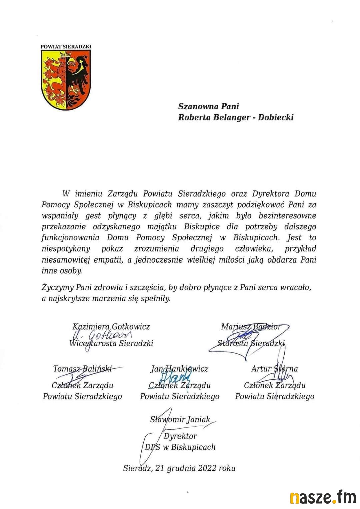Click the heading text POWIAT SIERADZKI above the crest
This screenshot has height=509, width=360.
tap(66, 47)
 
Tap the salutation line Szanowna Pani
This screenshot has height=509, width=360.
tap(209, 106)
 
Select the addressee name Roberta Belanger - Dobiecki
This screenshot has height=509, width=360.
tap(236, 117)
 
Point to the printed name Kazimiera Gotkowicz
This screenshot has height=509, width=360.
tap(111, 326)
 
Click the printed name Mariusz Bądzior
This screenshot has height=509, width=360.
tap(251, 326)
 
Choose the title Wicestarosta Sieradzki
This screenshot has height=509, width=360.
tap(111, 343)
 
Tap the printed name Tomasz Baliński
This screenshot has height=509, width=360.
tap(82, 369)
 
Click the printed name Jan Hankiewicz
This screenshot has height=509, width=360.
tap(179, 369)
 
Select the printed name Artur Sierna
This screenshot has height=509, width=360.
tap(274, 369)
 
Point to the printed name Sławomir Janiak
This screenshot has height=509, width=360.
tap(180, 419)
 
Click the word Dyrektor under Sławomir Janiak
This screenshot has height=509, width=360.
tap(180, 436)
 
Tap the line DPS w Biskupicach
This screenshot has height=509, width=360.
tap(180, 447)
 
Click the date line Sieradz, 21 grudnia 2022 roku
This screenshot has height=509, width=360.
tap(179, 468)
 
